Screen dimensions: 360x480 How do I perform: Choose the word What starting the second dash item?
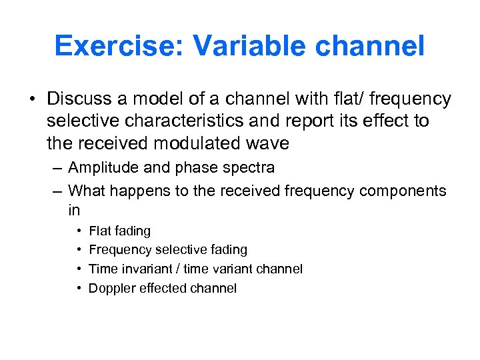pyautogui.click(x=87, y=191)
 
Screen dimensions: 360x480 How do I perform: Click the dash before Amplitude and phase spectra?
pyautogui.click(x=58, y=168)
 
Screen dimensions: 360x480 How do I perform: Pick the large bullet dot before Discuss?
pyautogui.click(x=33, y=99)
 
